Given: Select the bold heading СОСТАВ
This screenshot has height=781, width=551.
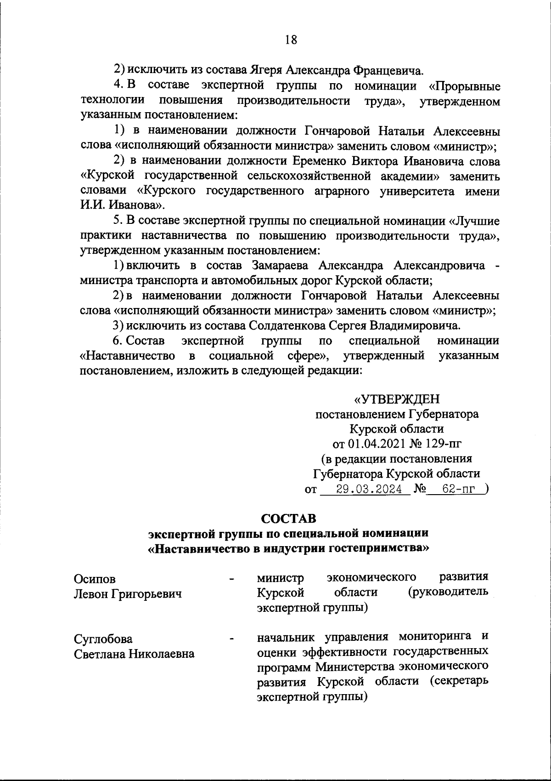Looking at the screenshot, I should click(288, 519).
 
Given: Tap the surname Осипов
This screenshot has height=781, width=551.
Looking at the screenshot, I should click(95, 579).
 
